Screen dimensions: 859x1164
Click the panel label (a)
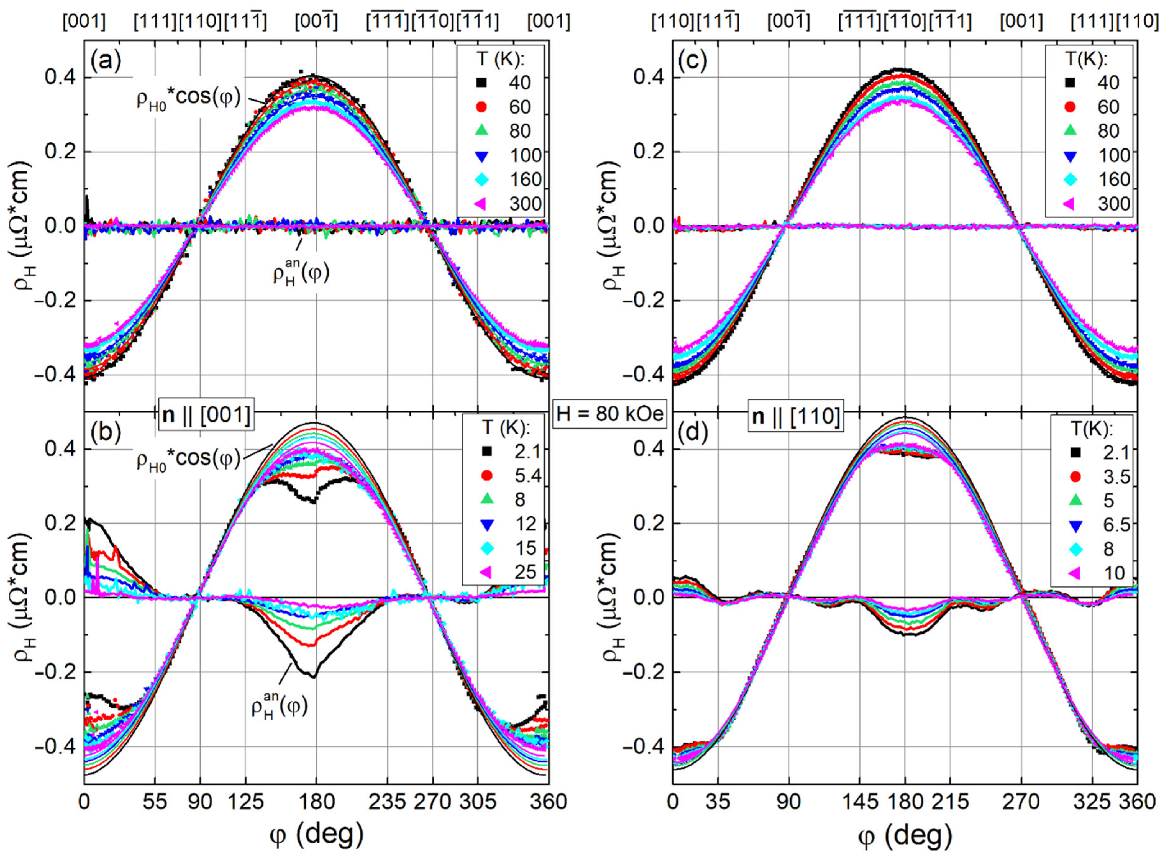pos(106,62)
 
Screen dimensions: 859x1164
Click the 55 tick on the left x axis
pos(155,802)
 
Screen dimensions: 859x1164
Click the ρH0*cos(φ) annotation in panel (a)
pos(188,99)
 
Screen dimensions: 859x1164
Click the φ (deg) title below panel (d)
pos(905,836)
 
